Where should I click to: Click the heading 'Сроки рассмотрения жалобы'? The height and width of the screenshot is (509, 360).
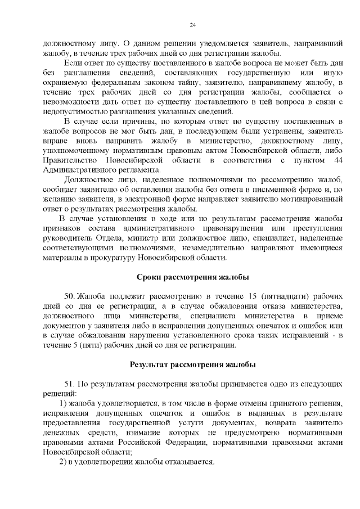point(193,277)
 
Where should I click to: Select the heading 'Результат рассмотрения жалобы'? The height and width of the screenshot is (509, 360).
point(193,364)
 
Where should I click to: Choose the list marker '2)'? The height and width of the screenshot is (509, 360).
point(64,462)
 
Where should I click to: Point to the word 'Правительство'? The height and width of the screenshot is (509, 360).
point(68,161)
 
